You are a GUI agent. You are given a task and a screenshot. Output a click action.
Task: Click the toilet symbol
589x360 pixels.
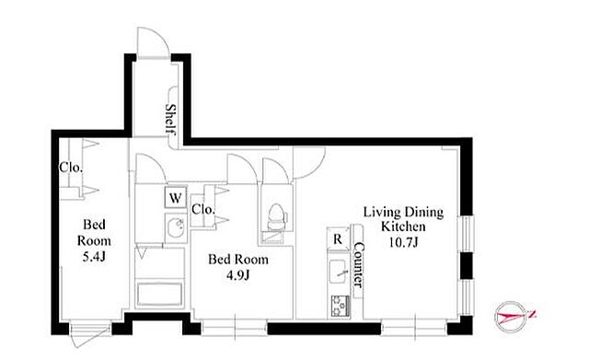276,216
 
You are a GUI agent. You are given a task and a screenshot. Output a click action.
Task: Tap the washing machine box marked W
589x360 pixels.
176,197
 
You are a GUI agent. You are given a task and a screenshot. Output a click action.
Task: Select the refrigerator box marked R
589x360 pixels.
338,238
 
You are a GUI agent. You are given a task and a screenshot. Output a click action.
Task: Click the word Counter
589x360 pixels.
359,265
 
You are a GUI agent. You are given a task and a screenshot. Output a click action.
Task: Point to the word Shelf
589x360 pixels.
170,119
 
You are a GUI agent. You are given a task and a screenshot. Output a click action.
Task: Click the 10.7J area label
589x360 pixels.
403,242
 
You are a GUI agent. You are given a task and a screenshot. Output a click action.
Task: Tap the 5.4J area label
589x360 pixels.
94,257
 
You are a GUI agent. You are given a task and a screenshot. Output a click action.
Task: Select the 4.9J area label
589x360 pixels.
238,275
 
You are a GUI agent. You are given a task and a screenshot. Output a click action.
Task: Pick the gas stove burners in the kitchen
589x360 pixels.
341,307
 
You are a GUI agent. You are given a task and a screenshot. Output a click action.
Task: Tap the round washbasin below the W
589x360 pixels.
176,228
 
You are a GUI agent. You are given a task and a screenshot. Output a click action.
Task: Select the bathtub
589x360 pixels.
159,295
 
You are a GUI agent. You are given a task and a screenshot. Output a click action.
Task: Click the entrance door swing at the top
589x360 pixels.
153,42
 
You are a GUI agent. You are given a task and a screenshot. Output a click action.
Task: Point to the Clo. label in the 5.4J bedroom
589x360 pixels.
71,168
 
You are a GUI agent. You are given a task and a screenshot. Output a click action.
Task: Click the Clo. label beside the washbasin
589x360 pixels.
202,209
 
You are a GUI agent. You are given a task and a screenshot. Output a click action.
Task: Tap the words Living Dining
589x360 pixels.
403,213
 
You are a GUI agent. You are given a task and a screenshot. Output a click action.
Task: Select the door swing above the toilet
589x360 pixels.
276,171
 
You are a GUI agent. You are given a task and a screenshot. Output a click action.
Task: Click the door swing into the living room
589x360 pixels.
309,162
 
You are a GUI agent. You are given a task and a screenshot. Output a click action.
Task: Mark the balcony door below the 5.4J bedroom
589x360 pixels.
91,333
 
